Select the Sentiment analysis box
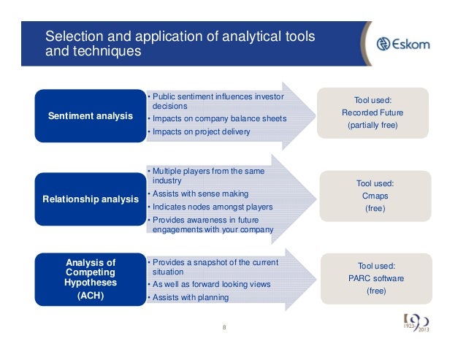(x=91, y=116)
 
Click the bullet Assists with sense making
(x=199, y=194)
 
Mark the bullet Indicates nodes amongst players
(x=210, y=207)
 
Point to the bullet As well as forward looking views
(x=210, y=284)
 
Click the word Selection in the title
(x=69, y=37)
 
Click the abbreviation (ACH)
(x=91, y=297)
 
